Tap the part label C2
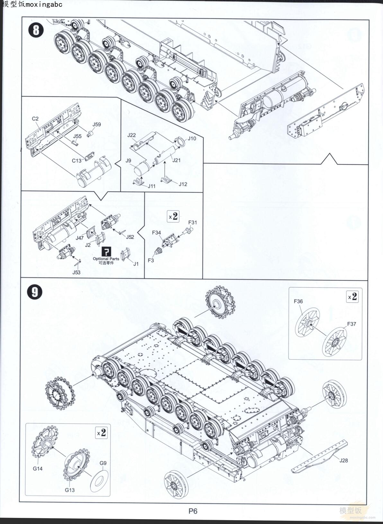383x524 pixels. click(35, 119)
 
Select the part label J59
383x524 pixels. click(96, 124)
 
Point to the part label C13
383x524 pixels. click(76, 161)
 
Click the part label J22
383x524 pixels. click(131, 135)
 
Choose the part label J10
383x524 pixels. click(192, 138)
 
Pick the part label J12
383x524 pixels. click(183, 184)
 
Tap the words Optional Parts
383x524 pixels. click(106, 259)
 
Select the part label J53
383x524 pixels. click(76, 272)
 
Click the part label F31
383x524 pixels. click(192, 222)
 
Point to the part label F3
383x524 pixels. click(151, 260)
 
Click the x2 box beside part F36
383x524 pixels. click(352, 297)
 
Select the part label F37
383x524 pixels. click(352, 324)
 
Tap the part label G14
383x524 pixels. click(38, 468)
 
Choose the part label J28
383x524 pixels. click(343, 460)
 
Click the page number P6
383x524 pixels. click(193, 511)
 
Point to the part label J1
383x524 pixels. click(136, 264)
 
